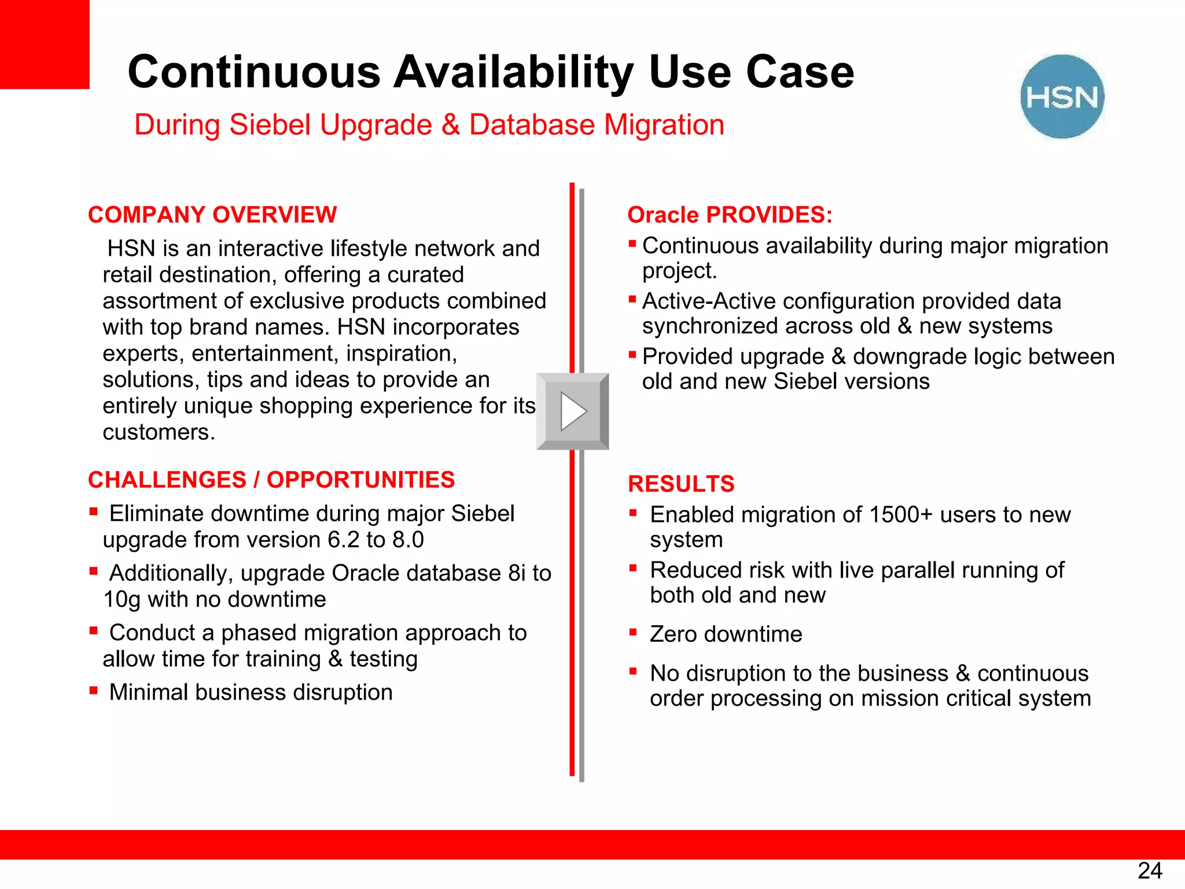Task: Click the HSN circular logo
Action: click(x=1062, y=97)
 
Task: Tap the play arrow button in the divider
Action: click(x=573, y=412)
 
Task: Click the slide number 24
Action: click(x=1149, y=870)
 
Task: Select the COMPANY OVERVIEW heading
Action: click(x=212, y=215)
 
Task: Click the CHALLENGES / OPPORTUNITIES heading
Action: click(x=271, y=480)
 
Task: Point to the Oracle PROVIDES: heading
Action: click(x=730, y=215)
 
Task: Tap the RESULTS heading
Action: click(x=681, y=484)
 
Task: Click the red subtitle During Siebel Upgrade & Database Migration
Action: click(x=429, y=125)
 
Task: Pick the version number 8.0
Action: click(x=408, y=540)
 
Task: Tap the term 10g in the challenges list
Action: click(x=122, y=600)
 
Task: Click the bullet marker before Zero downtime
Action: click(x=633, y=632)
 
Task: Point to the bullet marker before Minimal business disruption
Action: click(x=93, y=690)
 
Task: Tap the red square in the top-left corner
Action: click(x=45, y=44)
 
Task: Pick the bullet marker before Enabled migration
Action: click(x=633, y=512)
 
